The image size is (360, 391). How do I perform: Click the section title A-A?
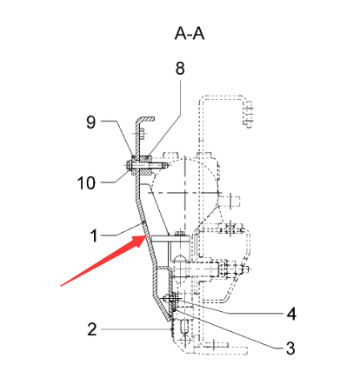pyautogui.click(x=190, y=33)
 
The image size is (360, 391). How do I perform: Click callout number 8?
pyautogui.click(x=180, y=69)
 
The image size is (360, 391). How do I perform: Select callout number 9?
pyautogui.click(x=91, y=122)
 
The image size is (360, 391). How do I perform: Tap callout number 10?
pyautogui.click(x=86, y=183)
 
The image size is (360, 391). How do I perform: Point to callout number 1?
pyautogui.click(x=94, y=235)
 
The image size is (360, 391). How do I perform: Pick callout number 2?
pyautogui.click(x=92, y=329)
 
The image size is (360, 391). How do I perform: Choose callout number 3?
pyautogui.click(x=290, y=348)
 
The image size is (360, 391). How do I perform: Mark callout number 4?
pyautogui.click(x=291, y=314)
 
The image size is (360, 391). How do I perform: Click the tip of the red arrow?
pyautogui.click(x=146, y=236)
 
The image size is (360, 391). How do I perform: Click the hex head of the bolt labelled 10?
pyautogui.click(x=129, y=165)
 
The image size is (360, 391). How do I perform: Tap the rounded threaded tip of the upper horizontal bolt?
pyautogui.click(x=164, y=165)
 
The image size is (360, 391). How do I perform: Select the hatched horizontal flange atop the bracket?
pyautogui.click(x=146, y=118)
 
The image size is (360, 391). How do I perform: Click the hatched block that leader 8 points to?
pyautogui.click(x=146, y=165)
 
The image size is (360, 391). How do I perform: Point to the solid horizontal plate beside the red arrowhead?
pyautogui.click(x=170, y=239)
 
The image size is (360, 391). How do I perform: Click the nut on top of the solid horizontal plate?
pyautogui.click(x=180, y=232)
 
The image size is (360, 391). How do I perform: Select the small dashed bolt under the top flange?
pyautogui.click(x=141, y=134)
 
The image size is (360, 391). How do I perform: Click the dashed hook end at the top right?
pyautogui.click(x=248, y=114)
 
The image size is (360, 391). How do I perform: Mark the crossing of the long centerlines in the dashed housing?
pyautogui.click(x=184, y=193)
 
